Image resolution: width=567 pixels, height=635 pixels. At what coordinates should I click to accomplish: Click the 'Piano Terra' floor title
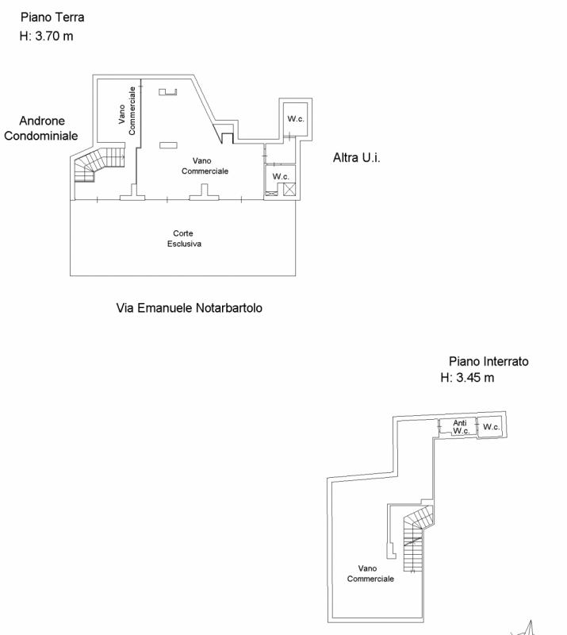coord(52,17)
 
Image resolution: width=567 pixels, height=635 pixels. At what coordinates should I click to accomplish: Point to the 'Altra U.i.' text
coord(357,159)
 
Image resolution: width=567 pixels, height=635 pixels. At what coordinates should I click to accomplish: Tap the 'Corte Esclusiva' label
coord(184,239)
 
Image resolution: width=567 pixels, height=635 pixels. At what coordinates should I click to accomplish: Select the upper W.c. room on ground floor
coord(296,119)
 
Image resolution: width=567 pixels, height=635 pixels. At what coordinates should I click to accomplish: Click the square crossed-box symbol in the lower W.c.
coord(289,189)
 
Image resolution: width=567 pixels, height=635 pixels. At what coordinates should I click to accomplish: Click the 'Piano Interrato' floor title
coord(488,360)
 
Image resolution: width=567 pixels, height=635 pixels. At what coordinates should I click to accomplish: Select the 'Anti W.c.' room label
coord(460,427)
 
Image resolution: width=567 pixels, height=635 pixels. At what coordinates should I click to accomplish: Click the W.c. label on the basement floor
coord(492,428)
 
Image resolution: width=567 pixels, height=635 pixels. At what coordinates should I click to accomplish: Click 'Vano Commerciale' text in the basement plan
coord(370,574)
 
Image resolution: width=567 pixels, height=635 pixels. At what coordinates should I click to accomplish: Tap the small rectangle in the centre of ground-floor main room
coord(168,144)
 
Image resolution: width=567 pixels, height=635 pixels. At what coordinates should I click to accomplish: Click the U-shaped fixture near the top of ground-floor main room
coord(167,93)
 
